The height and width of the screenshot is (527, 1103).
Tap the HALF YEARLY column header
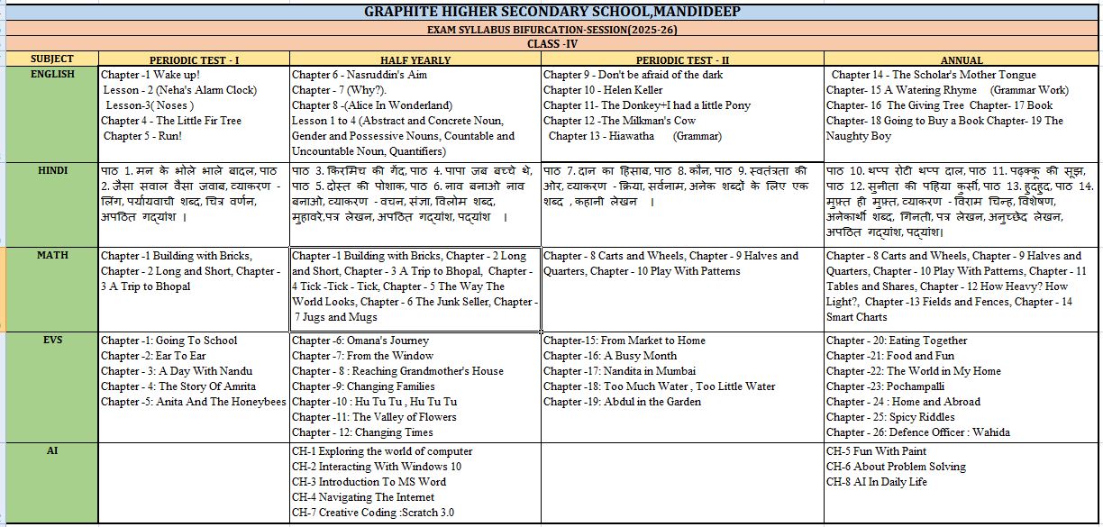click(415, 59)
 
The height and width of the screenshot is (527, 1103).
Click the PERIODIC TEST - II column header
click(682, 59)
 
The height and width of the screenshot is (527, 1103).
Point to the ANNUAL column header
click(961, 59)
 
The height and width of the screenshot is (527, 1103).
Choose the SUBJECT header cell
click(51, 59)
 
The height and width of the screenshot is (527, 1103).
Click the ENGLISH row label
click(51, 74)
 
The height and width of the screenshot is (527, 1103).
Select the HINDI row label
click(51, 169)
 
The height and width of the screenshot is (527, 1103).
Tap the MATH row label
click(51, 255)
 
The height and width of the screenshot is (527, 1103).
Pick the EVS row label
click(51, 340)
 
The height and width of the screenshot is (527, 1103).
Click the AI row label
click(51, 450)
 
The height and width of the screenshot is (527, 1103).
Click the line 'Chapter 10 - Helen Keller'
click(603, 90)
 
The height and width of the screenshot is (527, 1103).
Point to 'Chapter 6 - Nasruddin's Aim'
click(360, 75)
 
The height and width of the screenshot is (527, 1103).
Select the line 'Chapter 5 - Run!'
click(143, 136)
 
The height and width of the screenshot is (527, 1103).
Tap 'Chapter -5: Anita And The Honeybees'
click(194, 402)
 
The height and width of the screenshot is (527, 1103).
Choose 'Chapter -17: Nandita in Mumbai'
click(619, 371)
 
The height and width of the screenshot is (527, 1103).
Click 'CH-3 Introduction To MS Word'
click(369, 482)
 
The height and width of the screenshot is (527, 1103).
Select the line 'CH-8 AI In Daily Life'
click(877, 482)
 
